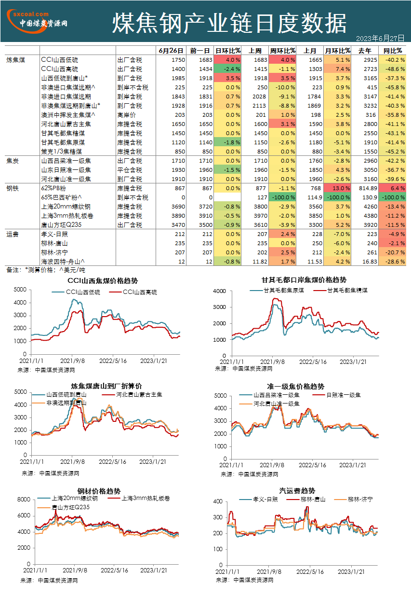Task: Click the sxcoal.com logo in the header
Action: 37,21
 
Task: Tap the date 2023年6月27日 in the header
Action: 380,39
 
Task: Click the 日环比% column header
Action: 227,51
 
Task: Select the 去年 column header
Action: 365,51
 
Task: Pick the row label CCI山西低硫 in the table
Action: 59,60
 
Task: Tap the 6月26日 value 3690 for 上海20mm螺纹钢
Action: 178,207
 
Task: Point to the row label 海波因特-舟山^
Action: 63,262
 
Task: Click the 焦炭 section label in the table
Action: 13,161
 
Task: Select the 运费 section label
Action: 13,234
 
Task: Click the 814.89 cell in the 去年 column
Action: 368,188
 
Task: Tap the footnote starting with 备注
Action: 46,270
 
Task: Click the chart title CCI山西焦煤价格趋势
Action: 103,280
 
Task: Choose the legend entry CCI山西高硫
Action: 133,292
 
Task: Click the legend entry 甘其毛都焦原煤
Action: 277,290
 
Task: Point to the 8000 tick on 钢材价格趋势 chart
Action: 24,499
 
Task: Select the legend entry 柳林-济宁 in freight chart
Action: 354,499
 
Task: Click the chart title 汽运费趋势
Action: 297,490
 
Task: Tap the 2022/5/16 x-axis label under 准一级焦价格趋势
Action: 312,465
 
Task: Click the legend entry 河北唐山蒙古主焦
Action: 132,394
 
